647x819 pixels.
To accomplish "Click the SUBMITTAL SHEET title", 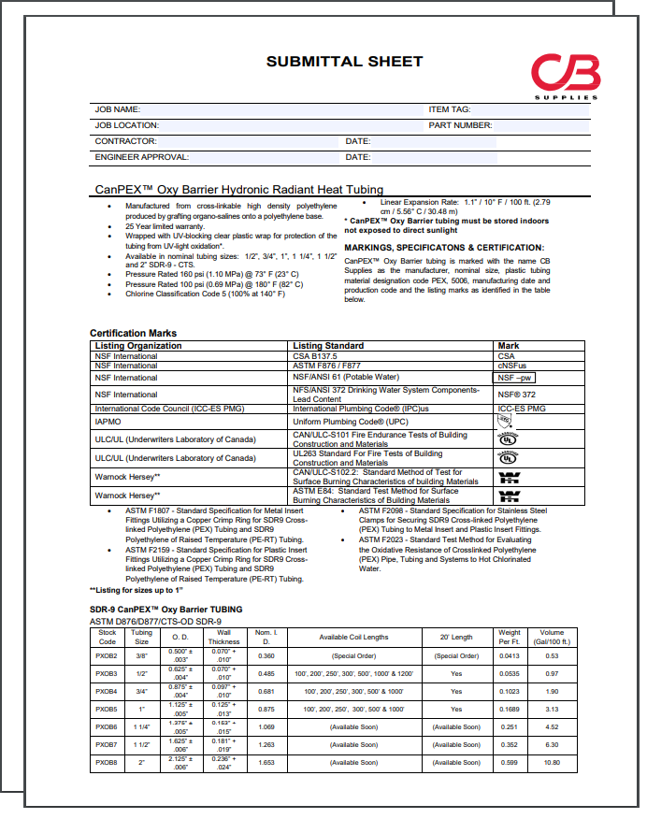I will coord(344,62).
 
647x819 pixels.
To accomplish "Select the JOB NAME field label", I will coord(118,109).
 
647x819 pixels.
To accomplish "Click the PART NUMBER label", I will coord(460,124).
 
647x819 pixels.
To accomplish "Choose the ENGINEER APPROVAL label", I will coord(141,157).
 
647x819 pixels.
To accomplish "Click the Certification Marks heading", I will coord(133,333).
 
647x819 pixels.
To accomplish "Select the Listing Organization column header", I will coord(138,346).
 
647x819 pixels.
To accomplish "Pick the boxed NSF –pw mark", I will coord(515,378).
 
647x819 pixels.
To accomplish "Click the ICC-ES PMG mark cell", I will coord(522,409).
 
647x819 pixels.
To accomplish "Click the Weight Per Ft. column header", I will coord(509,638).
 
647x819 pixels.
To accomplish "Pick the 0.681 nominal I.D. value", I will coord(266,692).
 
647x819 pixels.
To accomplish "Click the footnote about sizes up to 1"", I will coord(136,591).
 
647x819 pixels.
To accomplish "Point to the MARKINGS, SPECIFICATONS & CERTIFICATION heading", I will coord(443,248).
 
